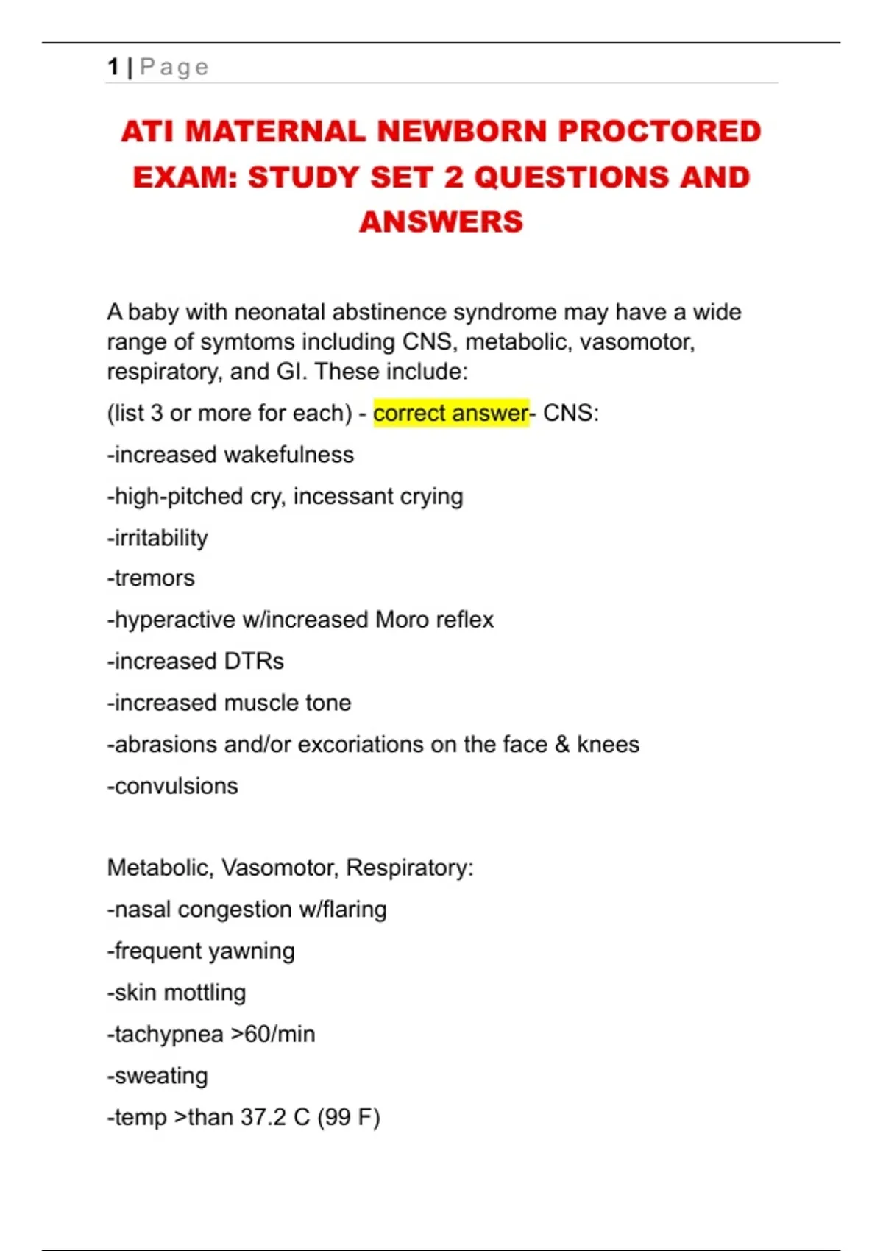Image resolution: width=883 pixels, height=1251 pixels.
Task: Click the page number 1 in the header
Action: click(x=113, y=67)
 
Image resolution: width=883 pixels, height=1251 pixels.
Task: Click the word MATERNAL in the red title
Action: click(x=275, y=132)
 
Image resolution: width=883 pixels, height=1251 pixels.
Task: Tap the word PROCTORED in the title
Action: click(x=659, y=132)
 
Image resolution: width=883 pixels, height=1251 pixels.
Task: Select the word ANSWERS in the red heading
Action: click(x=441, y=222)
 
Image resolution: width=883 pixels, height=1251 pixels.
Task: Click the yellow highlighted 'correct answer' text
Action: click(x=450, y=413)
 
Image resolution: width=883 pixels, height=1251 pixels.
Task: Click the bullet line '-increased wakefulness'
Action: click(x=230, y=455)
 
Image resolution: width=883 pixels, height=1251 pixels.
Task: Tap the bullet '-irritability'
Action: click(x=157, y=538)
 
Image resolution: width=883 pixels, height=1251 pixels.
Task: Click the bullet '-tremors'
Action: click(x=151, y=578)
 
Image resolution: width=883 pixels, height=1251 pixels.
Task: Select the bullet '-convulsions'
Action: click(x=172, y=786)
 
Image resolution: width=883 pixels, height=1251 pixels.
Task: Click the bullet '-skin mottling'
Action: click(x=177, y=993)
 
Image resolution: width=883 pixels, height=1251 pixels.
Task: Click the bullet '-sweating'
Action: click(x=157, y=1076)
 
